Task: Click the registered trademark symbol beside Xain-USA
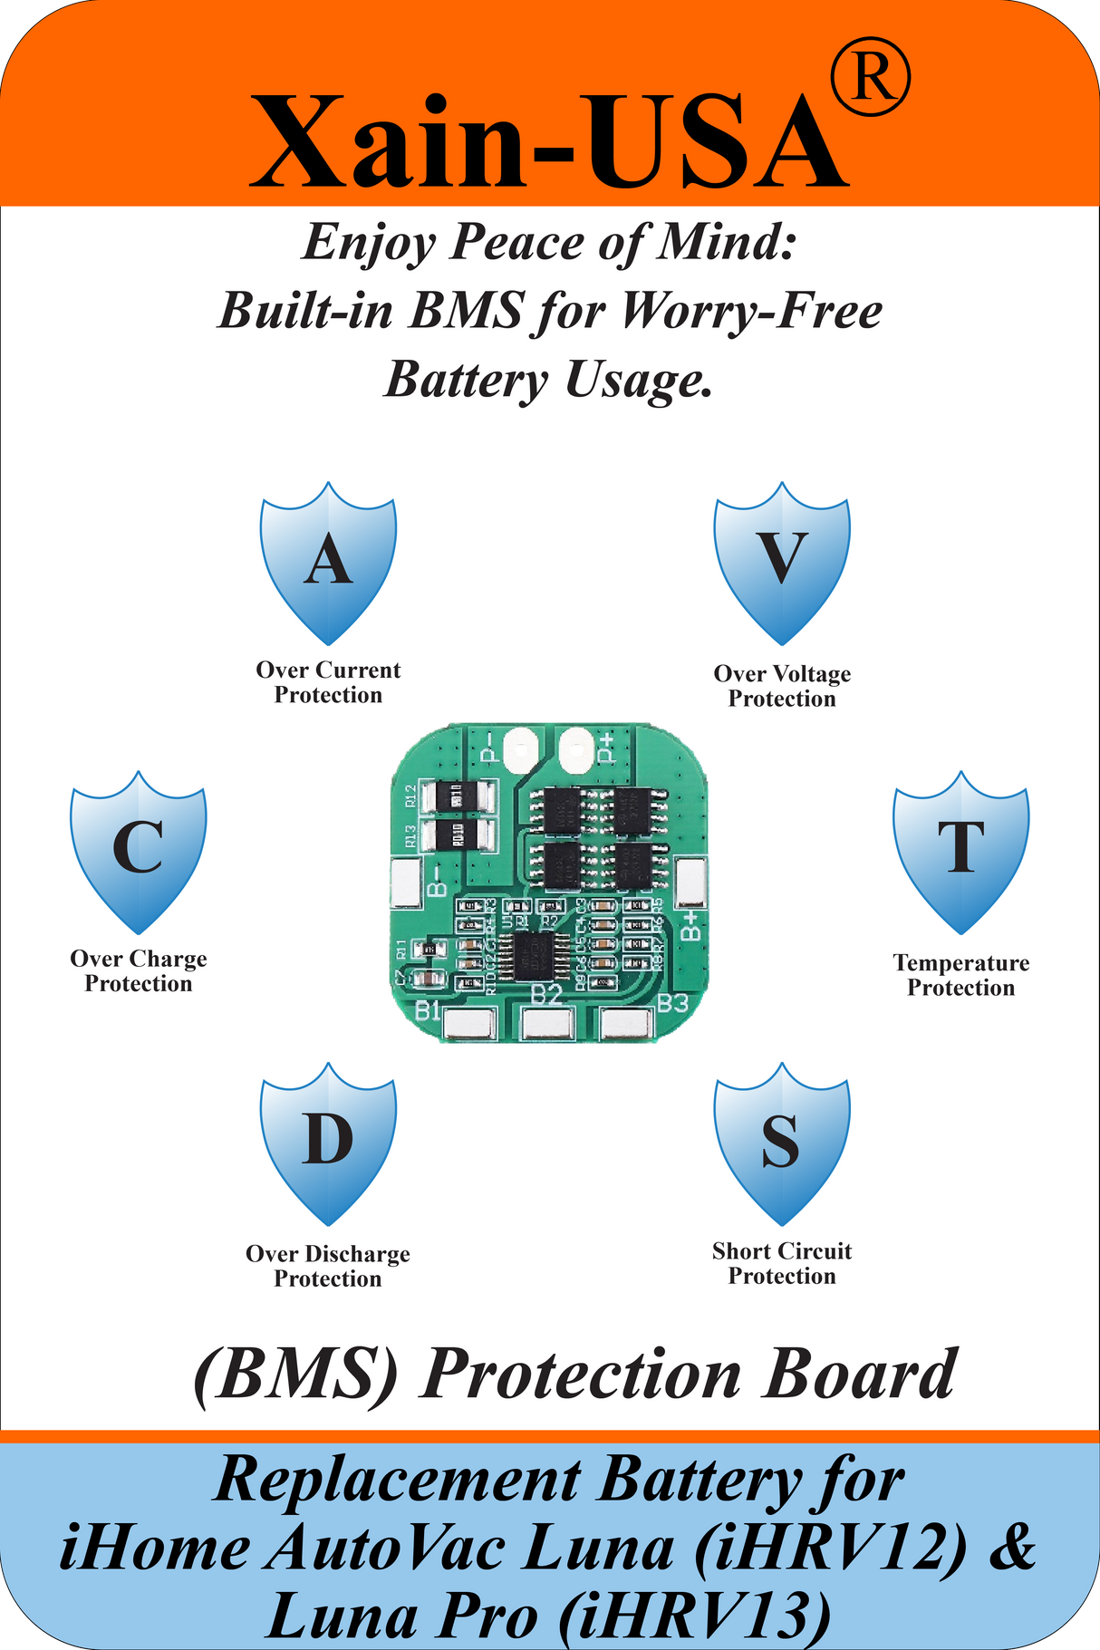(x=870, y=81)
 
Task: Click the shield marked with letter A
(x=328, y=562)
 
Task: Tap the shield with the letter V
(x=782, y=562)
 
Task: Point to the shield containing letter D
(x=328, y=1142)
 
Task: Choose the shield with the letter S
(x=782, y=1142)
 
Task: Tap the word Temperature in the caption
(x=961, y=963)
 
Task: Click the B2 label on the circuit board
(x=546, y=994)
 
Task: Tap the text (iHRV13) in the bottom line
(x=694, y=1616)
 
